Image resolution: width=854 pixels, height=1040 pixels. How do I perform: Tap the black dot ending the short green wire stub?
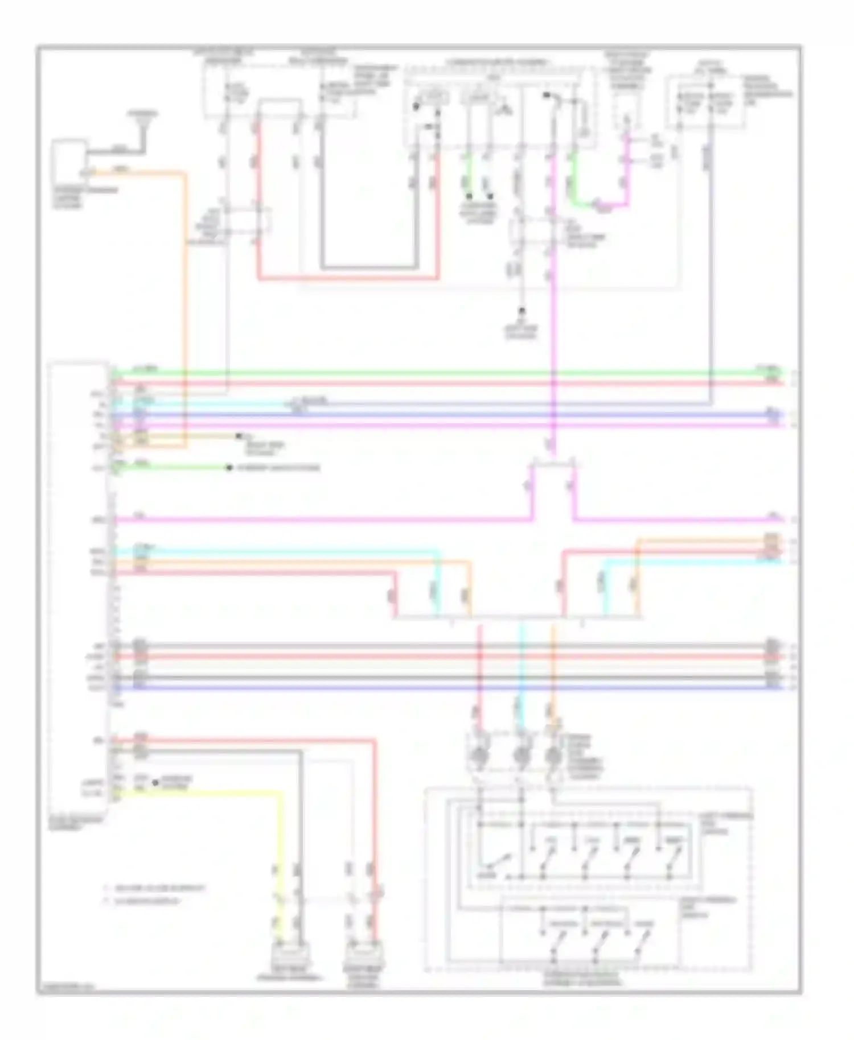[229, 468]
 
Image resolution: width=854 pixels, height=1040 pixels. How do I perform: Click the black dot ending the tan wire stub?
[239, 436]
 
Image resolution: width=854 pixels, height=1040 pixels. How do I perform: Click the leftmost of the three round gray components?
[479, 756]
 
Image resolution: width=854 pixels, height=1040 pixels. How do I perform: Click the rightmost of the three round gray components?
[553, 756]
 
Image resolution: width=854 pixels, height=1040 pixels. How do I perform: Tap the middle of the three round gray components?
[520, 756]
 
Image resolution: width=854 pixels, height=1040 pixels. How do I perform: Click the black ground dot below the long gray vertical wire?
[521, 312]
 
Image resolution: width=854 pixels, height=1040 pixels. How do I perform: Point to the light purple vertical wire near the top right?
[711, 256]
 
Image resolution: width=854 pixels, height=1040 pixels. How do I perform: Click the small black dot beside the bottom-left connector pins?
[155, 783]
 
